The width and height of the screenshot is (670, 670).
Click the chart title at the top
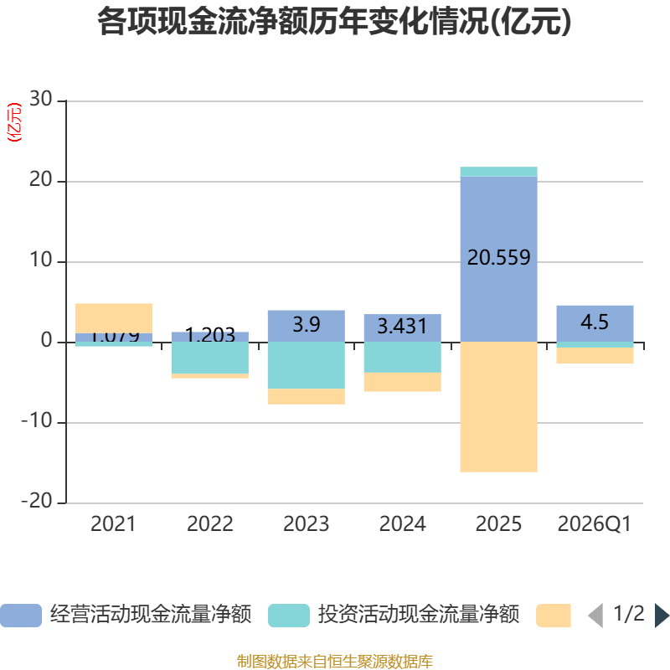click(x=334, y=23)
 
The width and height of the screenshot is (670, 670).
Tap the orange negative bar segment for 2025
click(x=498, y=407)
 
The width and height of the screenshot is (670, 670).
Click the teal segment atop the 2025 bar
click(x=498, y=172)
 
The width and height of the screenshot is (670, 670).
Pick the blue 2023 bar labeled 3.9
click(x=306, y=325)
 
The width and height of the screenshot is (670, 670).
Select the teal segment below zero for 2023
click(x=306, y=365)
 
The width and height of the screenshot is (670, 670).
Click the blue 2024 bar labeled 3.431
click(x=402, y=327)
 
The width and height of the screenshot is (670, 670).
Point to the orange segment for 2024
click(x=402, y=382)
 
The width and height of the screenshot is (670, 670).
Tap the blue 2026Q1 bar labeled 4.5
click(x=595, y=322)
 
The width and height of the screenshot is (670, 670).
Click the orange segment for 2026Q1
click(x=595, y=356)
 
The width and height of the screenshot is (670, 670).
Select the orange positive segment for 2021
click(x=114, y=317)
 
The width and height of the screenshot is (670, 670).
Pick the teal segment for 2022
click(x=209, y=358)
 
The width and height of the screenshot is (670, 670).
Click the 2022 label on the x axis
click(x=209, y=524)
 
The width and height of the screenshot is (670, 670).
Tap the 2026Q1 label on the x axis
click(x=595, y=524)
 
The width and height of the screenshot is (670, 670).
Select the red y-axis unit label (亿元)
click(x=14, y=123)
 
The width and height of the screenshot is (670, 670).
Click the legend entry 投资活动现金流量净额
click(x=394, y=615)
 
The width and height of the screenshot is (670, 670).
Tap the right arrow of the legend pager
click(x=662, y=615)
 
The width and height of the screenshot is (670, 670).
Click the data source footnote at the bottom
click(x=334, y=662)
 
